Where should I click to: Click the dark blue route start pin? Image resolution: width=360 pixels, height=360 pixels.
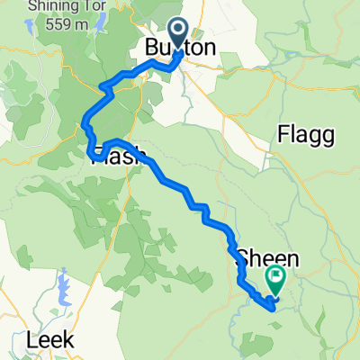(177, 32)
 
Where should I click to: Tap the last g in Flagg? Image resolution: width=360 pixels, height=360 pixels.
(328, 138)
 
